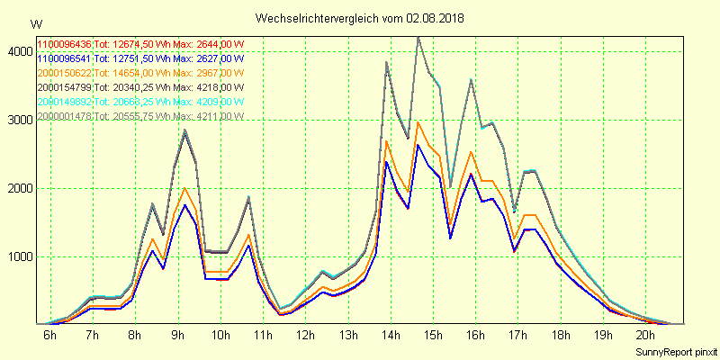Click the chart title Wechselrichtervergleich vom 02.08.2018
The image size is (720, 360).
click(360, 18)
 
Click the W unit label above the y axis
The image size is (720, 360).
click(35, 24)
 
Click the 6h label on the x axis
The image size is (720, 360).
click(49, 336)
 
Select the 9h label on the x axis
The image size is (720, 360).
click(177, 336)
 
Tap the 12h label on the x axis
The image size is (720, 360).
click(305, 336)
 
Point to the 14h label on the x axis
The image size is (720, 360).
click(391, 336)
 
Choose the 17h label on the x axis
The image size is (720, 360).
click(518, 336)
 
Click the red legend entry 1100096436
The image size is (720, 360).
click(64, 44)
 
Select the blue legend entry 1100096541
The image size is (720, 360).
click(64, 58)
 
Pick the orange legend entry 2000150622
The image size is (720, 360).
click(64, 73)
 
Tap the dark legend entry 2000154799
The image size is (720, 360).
click(64, 87)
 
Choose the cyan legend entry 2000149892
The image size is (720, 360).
click(64, 102)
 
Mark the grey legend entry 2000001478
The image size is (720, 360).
click(64, 116)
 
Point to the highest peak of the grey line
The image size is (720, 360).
click(418, 37)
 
